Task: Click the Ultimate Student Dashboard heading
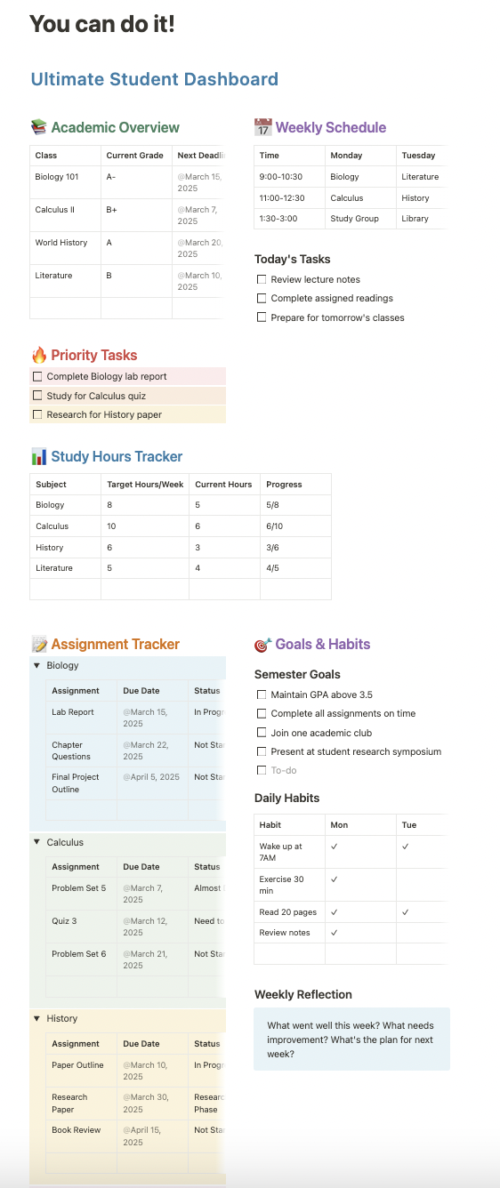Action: pyautogui.click(x=154, y=79)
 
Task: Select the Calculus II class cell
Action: pyautogui.click(x=54, y=210)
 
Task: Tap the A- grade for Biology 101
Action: pyautogui.click(x=111, y=177)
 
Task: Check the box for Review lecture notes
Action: pyautogui.click(x=262, y=279)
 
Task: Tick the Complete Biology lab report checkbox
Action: pyautogui.click(x=37, y=376)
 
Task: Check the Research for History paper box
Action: pyautogui.click(x=37, y=414)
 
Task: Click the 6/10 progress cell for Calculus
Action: pyautogui.click(x=275, y=526)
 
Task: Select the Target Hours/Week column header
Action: pyautogui.click(x=144, y=485)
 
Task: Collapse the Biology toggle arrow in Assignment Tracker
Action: pyautogui.click(x=36, y=665)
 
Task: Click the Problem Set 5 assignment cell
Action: pyautogui.click(x=78, y=888)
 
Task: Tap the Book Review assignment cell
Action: pyautogui.click(x=76, y=1130)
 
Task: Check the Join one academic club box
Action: pyautogui.click(x=262, y=733)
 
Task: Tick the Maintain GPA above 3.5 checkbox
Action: pyautogui.click(x=262, y=694)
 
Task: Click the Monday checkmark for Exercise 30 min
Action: pyautogui.click(x=335, y=879)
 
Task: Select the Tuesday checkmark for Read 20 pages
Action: pyautogui.click(x=405, y=911)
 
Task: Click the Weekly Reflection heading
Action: pyautogui.click(x=302, y=994)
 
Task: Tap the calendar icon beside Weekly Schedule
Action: pyautogui.click(x=262, y=127)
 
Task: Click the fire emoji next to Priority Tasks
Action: pyautogui.click(x=38, y=356)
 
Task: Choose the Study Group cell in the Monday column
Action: pyautogui.click(x=354, y=219)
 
